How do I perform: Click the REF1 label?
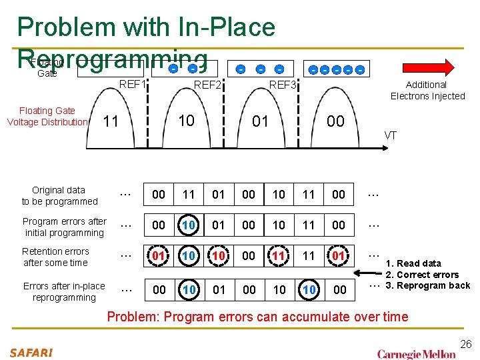(x=132, y=85)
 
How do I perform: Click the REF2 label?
(x=207, y=85)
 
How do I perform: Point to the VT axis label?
(x=391, y=135)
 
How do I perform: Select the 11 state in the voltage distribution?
(x=111, y=121)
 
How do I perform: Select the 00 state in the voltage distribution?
(x=335, y=121)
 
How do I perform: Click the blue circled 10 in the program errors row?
(x=189, y=225)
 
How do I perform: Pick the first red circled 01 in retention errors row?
(x=159, y=256)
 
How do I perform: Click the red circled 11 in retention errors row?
(x=279, y=256)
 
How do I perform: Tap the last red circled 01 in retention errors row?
(x=339, y=256)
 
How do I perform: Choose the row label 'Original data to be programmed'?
(x=59, y=195)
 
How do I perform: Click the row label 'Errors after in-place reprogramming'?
(x=64, y=291)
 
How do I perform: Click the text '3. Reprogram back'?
(x=428, y=285)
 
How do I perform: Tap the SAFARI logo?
(x=31, y=351)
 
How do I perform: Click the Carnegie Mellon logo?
(x=417, y=353)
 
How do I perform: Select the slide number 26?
(x=465, y=344)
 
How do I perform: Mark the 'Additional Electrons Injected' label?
(x=427, y=90)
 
